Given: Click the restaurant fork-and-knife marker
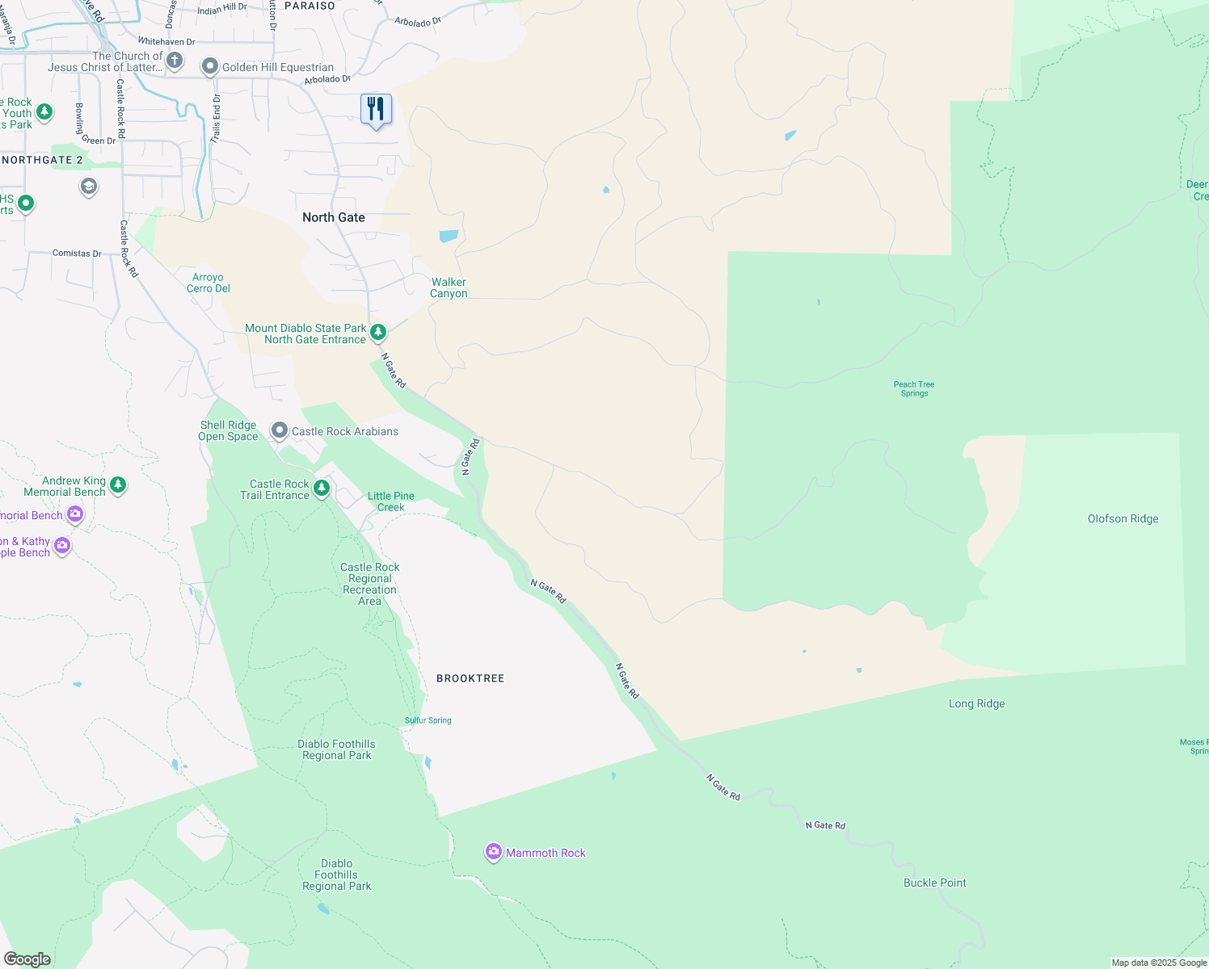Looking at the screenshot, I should (x=376, y=109).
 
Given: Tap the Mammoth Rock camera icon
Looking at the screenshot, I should (x=493, y=852).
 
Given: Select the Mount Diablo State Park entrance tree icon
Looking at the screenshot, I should (x=377, y=332).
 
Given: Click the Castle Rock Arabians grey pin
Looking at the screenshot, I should (x=279, y=430).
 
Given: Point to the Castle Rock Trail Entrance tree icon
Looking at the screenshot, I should (x=321, y=488).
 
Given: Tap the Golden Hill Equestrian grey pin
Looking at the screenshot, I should (x=210, y=66).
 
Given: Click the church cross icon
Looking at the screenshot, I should (x=174, y=61).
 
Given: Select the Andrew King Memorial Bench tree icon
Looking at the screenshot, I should (x=118, y=484).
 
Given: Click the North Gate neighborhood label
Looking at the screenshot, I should (x=333, y=217).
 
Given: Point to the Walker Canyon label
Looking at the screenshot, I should (x=449, y=287).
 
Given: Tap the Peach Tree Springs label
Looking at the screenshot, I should (x=914, y=388).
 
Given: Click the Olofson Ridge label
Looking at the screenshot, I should (x=1123, y=518).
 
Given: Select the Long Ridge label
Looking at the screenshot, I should (x=976, y=703).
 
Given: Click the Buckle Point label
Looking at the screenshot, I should (x=934, y=883).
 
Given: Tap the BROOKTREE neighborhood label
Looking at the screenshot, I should (x=470, y=678).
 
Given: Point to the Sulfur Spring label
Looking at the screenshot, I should (x=428, y=720).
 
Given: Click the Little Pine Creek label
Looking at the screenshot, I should (x=391, y=501).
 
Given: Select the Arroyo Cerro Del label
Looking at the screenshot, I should (x=209, y=283).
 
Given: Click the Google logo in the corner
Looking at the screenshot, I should (x=27, y=959).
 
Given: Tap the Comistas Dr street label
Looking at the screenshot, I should (x=77, y=253).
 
